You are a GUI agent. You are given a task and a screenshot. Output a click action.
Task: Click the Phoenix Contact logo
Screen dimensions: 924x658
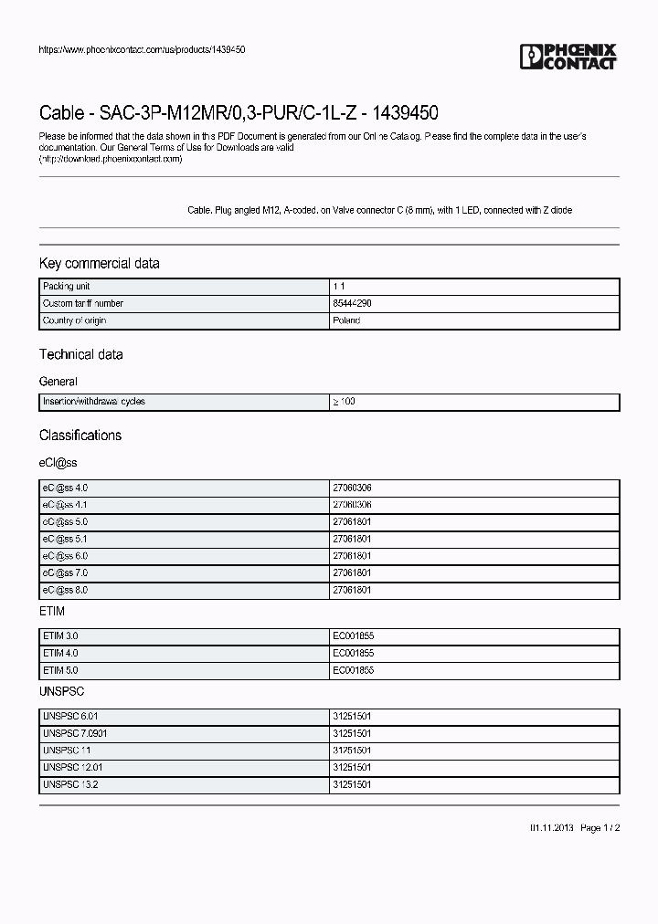(x=568, y=57)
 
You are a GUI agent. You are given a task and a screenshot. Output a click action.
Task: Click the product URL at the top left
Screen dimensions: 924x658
(x=142, y=49)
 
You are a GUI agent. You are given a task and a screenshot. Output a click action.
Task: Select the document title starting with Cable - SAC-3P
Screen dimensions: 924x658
(x=239, y=113)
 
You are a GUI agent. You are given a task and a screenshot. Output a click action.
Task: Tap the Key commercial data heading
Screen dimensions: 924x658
(x=99, y=263)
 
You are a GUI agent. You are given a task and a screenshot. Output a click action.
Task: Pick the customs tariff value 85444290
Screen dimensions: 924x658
(x=352, y=303)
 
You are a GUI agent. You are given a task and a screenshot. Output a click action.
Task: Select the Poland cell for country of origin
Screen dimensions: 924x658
(x=346, y=320)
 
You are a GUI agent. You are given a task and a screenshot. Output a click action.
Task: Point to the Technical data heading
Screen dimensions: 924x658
(x=80, y=354)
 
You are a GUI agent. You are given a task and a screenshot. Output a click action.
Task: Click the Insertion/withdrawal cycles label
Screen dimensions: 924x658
(x=93, y=402)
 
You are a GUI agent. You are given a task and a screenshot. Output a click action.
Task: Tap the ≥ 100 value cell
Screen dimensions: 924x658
(x=344, y=402)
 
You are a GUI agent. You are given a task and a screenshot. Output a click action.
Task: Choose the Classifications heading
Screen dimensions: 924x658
(x=80, y=436)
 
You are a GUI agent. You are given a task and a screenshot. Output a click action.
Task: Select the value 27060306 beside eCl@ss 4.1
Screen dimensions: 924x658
(x=352, y=505)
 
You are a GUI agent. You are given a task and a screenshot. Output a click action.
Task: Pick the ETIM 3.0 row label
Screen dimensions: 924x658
(x=60, y=635)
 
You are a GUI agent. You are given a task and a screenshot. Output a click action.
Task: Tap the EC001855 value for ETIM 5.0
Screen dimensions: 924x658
(x=353, y=670)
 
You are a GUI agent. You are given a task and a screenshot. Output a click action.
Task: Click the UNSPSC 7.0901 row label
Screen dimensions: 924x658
(x=69, y=733)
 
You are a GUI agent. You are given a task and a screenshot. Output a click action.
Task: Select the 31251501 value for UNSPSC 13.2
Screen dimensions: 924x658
(x=352, y=785)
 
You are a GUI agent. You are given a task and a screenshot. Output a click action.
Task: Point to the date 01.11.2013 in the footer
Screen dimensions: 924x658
(x=551, y=828)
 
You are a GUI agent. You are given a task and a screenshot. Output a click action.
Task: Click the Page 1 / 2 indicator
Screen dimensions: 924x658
(x=600, y=828)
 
